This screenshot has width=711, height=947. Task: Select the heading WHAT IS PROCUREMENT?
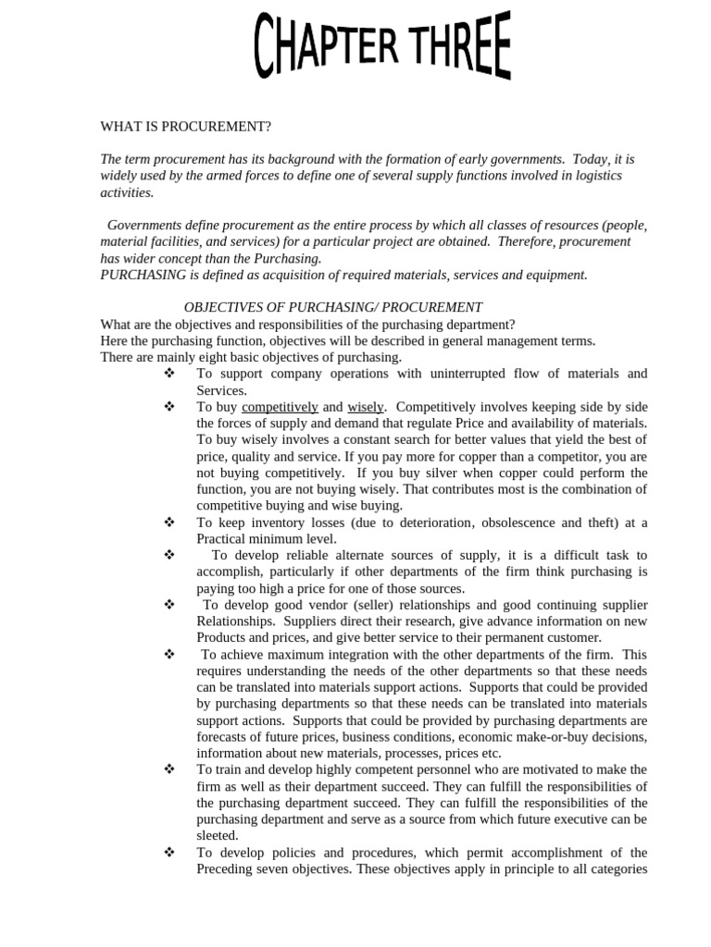click(x=185, y=127)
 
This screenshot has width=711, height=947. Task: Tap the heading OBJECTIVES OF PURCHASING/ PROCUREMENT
click(x=333, y=307)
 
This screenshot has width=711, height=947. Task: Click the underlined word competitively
click(x=280, y=407)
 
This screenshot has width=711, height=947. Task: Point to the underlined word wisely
click(x=365, y=407)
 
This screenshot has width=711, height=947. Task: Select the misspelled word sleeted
click(x=218, y=836)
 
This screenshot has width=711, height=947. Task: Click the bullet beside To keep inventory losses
click(x=169, y=523)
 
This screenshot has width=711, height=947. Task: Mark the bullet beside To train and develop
click(x=169, y=769)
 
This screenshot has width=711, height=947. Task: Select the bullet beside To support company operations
click(x=169, y=374)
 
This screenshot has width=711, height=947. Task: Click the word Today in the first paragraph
click(x=592, y=159)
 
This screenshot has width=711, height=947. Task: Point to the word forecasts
click(x=224, y=737)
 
